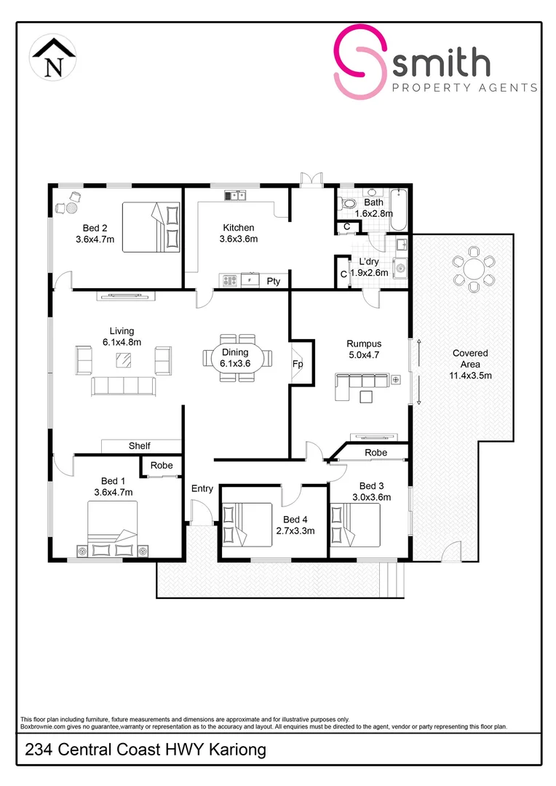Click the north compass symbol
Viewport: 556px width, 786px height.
coord(53,59)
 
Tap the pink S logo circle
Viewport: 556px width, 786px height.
coord(360,61)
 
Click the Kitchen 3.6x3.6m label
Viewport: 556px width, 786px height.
coord(239,234)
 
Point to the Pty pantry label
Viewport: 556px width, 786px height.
coord(274,281)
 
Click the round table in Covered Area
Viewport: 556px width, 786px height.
coord(473,269)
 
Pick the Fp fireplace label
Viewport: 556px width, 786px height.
coord(298,363)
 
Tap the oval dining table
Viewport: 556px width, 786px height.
coord(236,358)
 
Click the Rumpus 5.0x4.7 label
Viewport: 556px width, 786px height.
coord(364,349)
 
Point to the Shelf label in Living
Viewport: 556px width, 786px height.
coord(140,446)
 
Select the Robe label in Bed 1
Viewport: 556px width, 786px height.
coord(162,466)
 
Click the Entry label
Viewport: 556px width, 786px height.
coord(202,489)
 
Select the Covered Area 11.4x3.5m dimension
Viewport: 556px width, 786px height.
coord(469,376)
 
